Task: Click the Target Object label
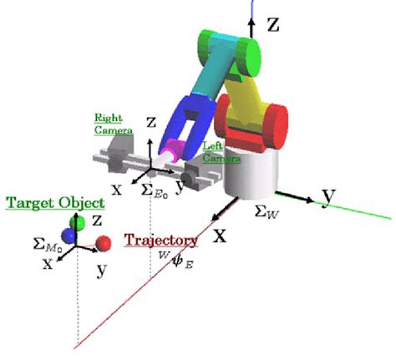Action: pyautogui.click(x=55, y=203)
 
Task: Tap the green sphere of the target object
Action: pyautogui.click(x=78, y=223)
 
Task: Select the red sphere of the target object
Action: pyautogui.click(x=104, y=243)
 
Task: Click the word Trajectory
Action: pyautogui.click(x=161, y=241)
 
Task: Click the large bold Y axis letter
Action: pyautogui.click(x=329, y=195)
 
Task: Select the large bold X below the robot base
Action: pyautogui.click(x=221, y=235)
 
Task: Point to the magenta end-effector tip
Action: pyautogui.click(x=174, y=151)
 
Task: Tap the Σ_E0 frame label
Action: pyautogui.click(x=154, y=190)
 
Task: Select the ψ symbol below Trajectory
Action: pyautogui.click(x=177, y=261)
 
